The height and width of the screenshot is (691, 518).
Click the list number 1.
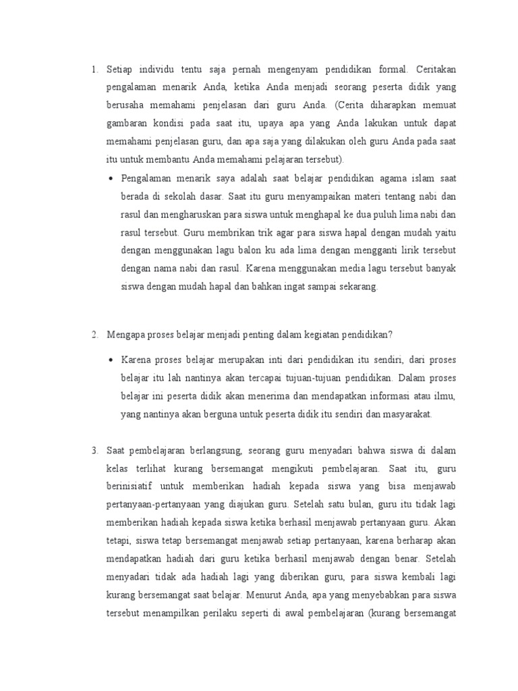point(94,70)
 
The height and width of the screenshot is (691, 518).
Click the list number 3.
point(94,449)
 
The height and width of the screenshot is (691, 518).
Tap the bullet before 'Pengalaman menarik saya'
point(111,179)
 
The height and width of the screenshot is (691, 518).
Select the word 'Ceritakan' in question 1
point(440,70)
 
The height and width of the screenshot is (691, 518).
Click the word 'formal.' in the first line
point(390,70)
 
